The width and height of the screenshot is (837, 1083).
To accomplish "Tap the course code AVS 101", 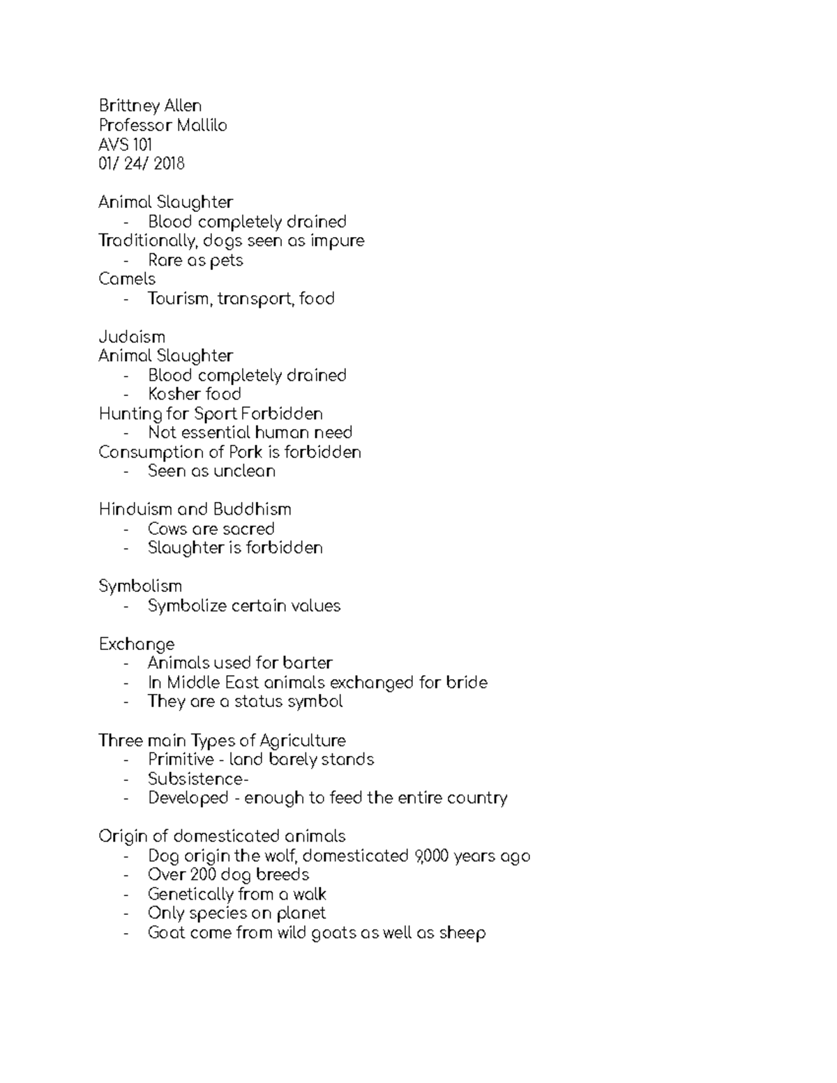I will [x=126, y=145].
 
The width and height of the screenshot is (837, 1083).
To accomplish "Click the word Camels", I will [x=127, y=279].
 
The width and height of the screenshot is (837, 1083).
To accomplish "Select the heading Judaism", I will [x=132, y=337].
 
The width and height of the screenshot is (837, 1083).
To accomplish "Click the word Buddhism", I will [x=252, y=510].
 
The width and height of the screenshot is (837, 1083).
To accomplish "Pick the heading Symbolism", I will [x=140, y=586].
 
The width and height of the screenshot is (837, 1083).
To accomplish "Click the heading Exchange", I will [x=137, y=644].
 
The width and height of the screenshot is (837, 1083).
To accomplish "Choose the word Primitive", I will [x=181, y=759].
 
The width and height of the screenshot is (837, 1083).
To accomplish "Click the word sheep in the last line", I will [x=462, y=932].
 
